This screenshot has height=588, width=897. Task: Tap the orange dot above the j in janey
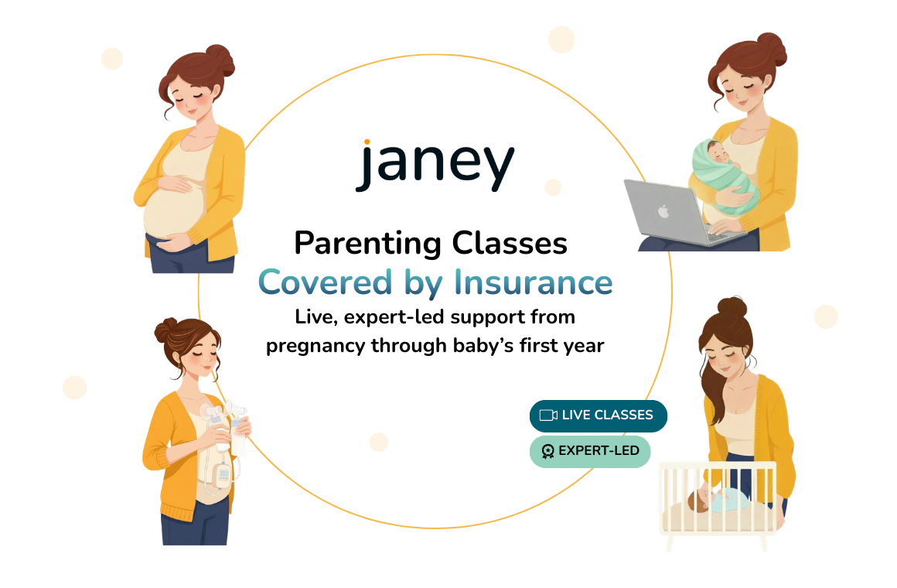pos(367,142)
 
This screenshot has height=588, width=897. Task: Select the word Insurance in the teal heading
pos(533,282)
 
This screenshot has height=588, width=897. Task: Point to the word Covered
pos(325,282)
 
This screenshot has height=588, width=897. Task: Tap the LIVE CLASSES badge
pos(599,415)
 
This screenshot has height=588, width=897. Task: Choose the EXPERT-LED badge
pos(590,452)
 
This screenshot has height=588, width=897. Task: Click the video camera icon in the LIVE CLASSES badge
pos(548,415)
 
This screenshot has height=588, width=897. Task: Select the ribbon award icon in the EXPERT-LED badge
pos(547,452)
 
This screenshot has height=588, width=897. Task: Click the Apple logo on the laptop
pos(663,211)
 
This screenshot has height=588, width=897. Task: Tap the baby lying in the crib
pos(718,499)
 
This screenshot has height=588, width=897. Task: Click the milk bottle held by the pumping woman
pos(237,437)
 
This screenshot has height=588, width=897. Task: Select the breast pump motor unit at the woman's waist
pos(221,474)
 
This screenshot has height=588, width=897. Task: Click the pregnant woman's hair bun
pos(220,59)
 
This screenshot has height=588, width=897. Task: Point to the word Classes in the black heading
pos(510,244)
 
